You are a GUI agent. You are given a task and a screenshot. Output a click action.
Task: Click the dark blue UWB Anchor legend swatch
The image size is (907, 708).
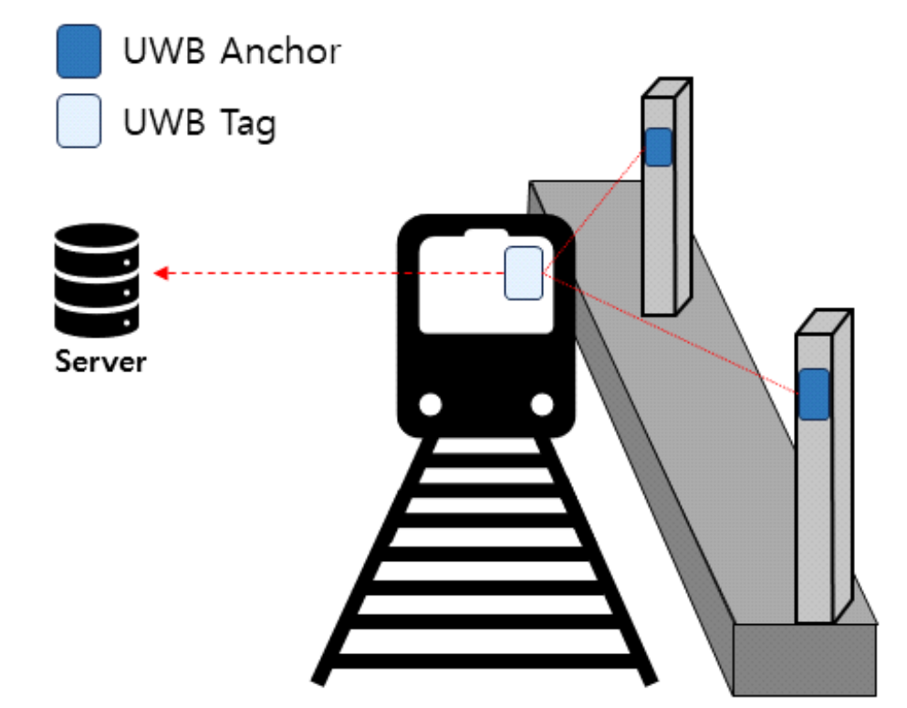click(x=78, y=53)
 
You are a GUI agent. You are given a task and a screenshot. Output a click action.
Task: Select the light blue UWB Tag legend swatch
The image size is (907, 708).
click(x=78, y=123)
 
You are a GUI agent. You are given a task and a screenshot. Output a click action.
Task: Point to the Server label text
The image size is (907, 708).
click(x=100, y=361)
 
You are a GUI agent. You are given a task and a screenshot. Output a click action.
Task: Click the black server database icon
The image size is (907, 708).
click(x=97, y=277)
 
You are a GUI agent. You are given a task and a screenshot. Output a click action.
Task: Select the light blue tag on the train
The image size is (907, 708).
click(x=524, y=272)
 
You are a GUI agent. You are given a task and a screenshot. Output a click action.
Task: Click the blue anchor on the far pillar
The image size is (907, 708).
click(x=658, y=147)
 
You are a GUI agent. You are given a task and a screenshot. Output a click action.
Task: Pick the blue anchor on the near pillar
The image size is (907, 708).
click(x=814, y=394)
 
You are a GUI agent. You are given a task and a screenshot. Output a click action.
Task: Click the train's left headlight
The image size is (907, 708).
click(x=431, y=403)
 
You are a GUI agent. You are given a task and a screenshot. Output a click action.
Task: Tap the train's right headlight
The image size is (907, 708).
click(x=542, y=403)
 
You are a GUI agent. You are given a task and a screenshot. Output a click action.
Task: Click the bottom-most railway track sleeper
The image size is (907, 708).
click(x=484, y=661)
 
